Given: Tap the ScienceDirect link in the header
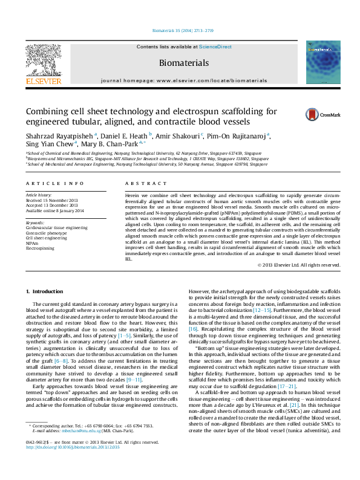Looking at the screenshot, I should click(x=216, y=47).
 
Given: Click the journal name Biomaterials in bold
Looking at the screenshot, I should click(x=183, y=63).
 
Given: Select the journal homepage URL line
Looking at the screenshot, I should click(x=183, y=79).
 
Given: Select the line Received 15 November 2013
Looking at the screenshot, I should click(x=51, y=201).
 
